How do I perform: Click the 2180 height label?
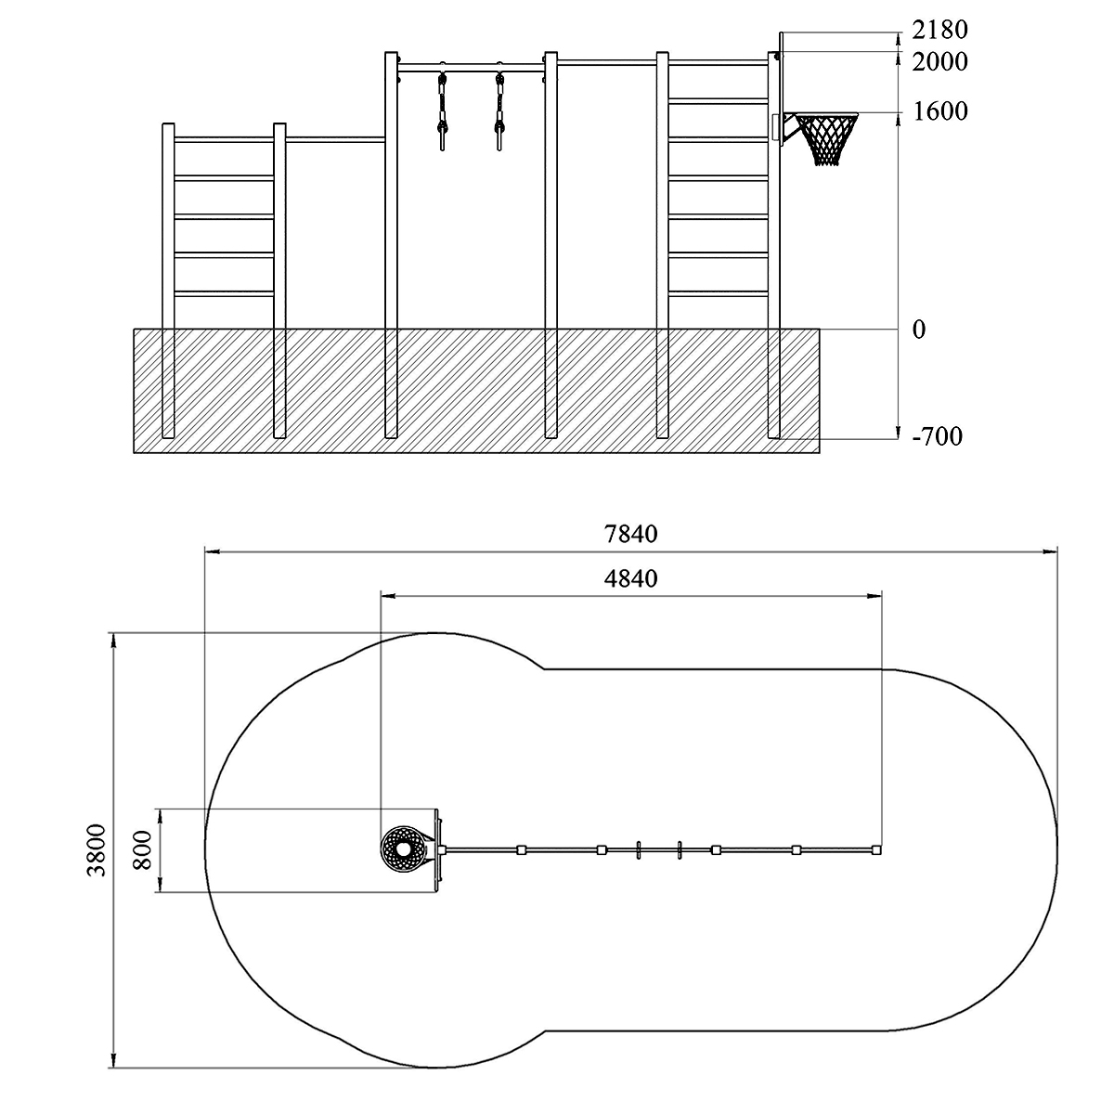coord(939,30)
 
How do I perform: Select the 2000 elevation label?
coord(939,62)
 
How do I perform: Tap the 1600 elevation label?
coord(939,111)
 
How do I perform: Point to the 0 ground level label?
coord(919,330)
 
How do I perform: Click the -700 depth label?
coord(937,436)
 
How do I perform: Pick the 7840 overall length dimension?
coord(630,534)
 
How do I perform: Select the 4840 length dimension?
coord(630,578)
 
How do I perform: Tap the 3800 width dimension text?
coord(97,850)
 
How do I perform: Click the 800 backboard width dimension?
coord(142,850)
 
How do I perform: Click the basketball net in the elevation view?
coord(827,138)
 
